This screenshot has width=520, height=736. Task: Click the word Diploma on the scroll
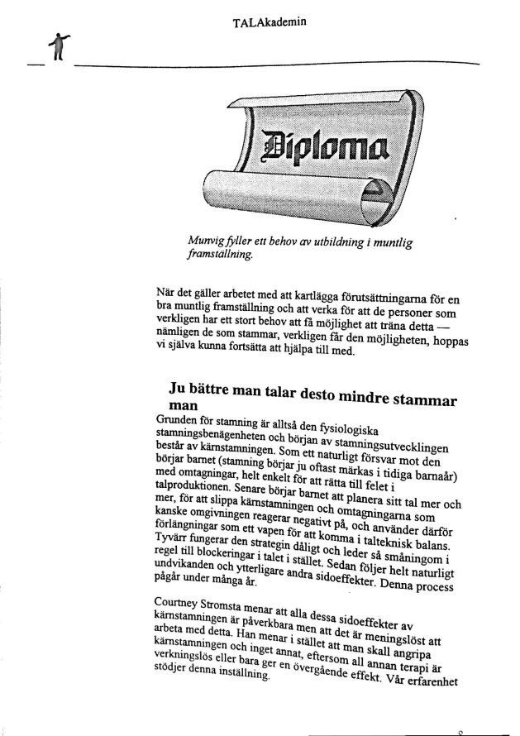pyautogui.click(x=325, y=148)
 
